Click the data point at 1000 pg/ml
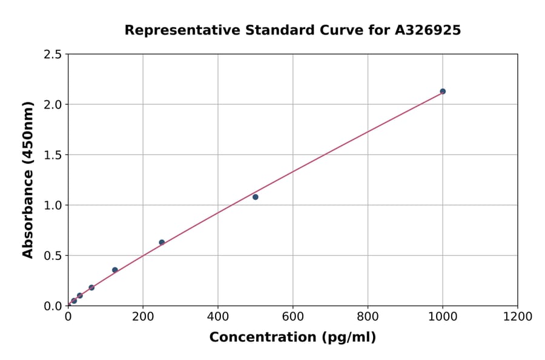point(443,92)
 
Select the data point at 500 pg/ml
point(256,197)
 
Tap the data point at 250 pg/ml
point(162,242)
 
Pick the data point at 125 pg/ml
point(115,270)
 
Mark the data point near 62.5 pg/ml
point(91,288)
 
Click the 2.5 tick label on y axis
point(53,55)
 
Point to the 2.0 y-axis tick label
point(53,105)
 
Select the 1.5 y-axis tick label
point(53,155)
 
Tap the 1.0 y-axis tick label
point(53,205)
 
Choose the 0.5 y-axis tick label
point(53,256)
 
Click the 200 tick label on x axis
point(143,316)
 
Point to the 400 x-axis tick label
point(218,316)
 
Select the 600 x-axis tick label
point(292,316)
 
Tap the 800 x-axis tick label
point(368,316)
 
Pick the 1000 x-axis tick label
point(443,316)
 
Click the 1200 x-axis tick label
point(518,316)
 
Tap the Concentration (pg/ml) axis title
point(292,338)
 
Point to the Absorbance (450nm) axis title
point(28,179)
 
